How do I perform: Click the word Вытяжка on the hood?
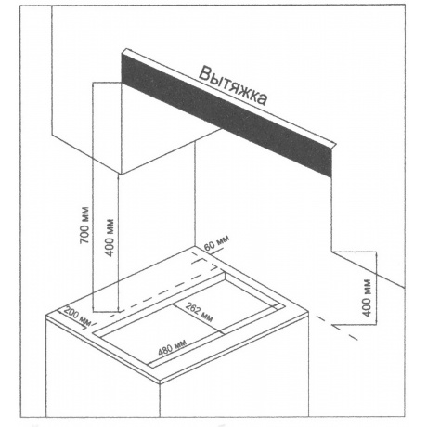coord(233,85)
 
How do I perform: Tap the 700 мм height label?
coord(84,225)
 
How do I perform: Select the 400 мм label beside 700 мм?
coord(110,238)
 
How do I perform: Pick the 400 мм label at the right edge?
coord(367,298)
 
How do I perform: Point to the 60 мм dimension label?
coord(217,242)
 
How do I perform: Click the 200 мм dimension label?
coord(76,317)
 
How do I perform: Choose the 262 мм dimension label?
coord(200,312)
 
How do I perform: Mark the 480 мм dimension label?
coord(172,347)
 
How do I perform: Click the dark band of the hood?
coord(226,114)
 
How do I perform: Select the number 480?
coord(165,350)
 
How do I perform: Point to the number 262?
coord(193,308)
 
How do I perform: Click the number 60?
coord(210,246)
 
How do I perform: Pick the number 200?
coord(71,314)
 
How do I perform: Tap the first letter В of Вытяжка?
coord(204,74)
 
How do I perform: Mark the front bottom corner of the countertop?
coord(160,383)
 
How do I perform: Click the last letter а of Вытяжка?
coord(262,99)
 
